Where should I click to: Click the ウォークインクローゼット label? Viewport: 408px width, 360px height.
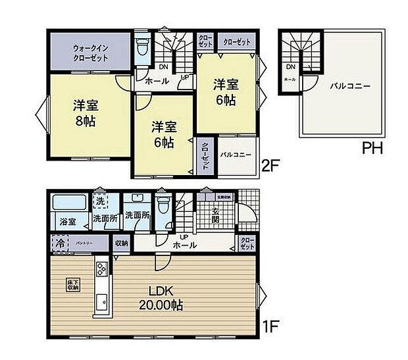[x=91, y=52]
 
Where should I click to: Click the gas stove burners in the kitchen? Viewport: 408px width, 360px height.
[x=103, y=269]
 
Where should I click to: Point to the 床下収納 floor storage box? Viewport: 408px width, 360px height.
[x=72, y=285]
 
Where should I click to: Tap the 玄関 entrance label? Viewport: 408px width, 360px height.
[x=216, y=215]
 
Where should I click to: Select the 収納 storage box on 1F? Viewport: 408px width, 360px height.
[x=121, y=243]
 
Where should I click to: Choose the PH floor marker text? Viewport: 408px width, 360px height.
[x=372, y=149]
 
